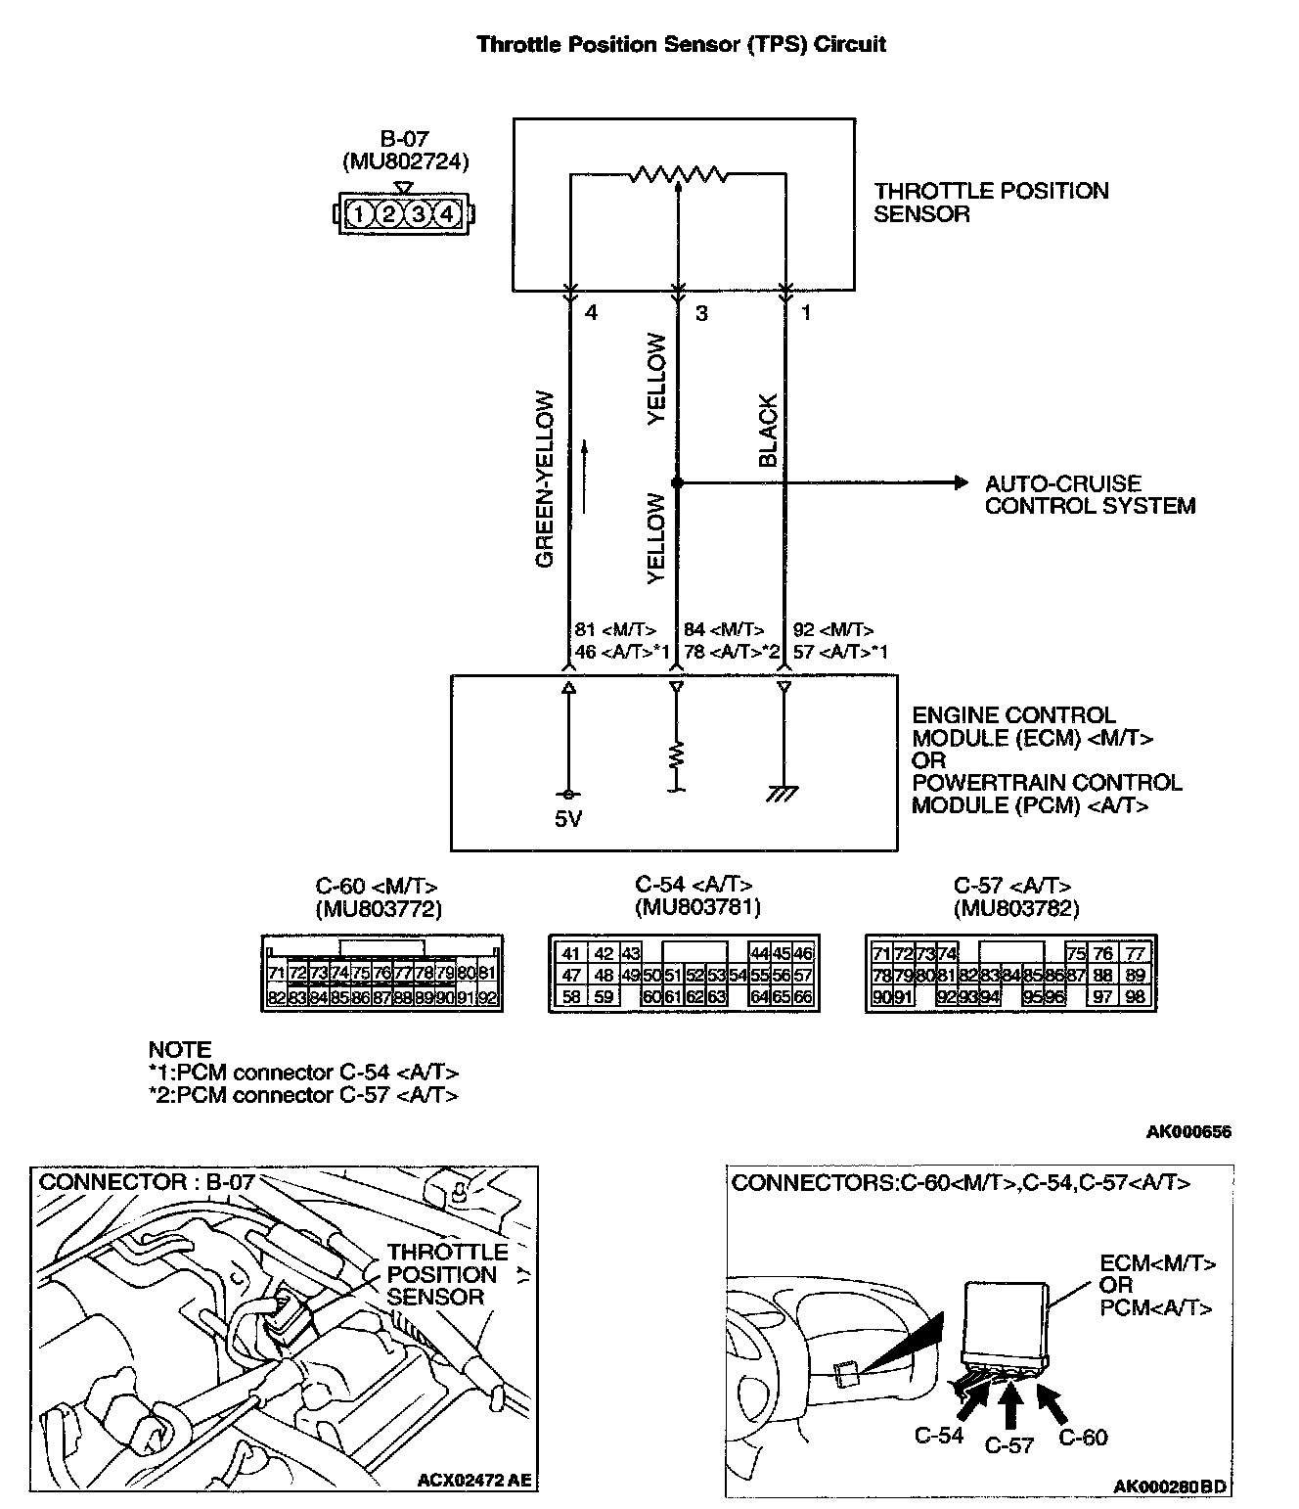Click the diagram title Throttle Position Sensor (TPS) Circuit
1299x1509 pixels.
(x=681, y=44)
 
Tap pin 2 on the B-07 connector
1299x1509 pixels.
(x=388, y=212)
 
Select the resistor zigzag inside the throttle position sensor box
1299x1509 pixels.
(x=678, y=175)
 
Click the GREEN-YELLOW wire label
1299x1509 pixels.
(x=545, y=479)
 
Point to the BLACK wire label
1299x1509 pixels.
(x=768, y=431)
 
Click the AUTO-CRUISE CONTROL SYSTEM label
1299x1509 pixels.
(x=1090, y=494)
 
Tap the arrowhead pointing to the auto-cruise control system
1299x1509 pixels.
(x=959, y=482)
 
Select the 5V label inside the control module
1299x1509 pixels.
(x=568, y=819)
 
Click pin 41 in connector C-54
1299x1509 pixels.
(x=571, y=954)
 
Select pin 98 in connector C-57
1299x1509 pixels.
(x=1136, y=997)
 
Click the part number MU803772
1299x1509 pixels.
(x=379, y=909)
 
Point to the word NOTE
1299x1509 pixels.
(x=180, y=1049)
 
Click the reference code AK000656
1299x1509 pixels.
(x=1188, y=1132)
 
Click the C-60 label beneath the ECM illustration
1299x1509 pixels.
(x=1084, y=1437)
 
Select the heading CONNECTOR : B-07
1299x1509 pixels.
(x=147, y=1181)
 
